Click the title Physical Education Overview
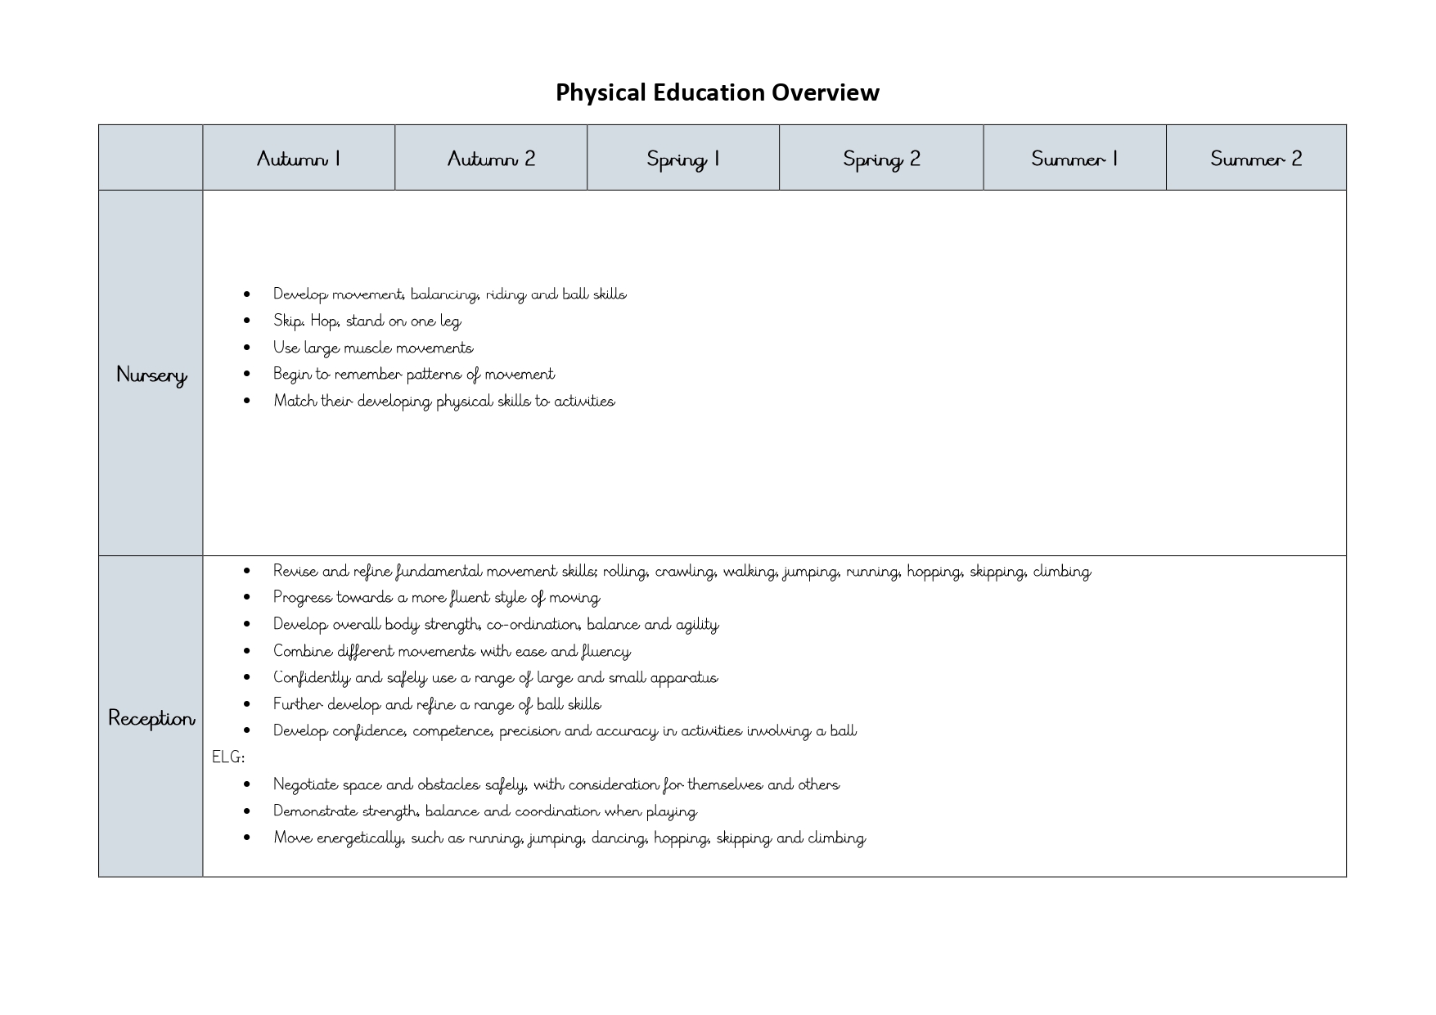pyautogui.click(x=717, y=92)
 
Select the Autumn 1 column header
pyautogui.click(x=299, y=159)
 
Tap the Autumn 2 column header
pyautogui.click(x=491, y=159)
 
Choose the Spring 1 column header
pyautogui.click(x=683, y=159)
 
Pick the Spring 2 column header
pyautogui.click(x=881, y=159)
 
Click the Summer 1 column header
pyautogui.click(x=1074, y=159)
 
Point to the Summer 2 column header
pyautogui.click(x=1256, y=159)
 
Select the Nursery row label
pyautogui.click(x=151, y=375)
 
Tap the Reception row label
pyautogui.click(x=151, y=718)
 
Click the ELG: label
pyautogui.click(x=228, y=757)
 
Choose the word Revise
pyautogui.click(x=295, y=571)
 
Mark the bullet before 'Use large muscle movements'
pyautogui.click(x=247, y=348)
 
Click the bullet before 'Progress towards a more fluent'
pyautogui.click(x=247, y=598)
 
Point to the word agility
pyautogui.click(x=696, y=625)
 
